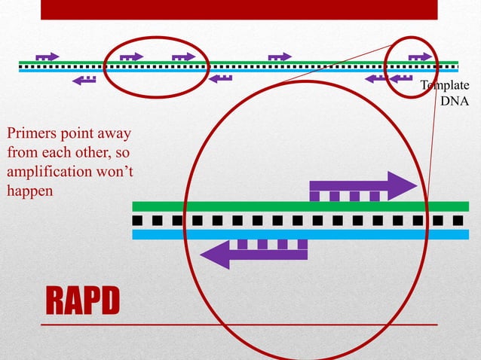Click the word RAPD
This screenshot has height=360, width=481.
[83, 301]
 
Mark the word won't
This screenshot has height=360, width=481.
[114, 172]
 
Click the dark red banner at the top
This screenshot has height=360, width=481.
[238, 9]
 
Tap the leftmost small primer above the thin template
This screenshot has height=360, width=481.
[47, 56]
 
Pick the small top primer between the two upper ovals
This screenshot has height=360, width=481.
[280, 56]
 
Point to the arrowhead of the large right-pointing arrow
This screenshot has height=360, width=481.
[403, 185]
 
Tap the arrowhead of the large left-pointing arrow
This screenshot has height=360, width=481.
[214, 254]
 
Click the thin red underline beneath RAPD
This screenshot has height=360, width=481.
[238, 325]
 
